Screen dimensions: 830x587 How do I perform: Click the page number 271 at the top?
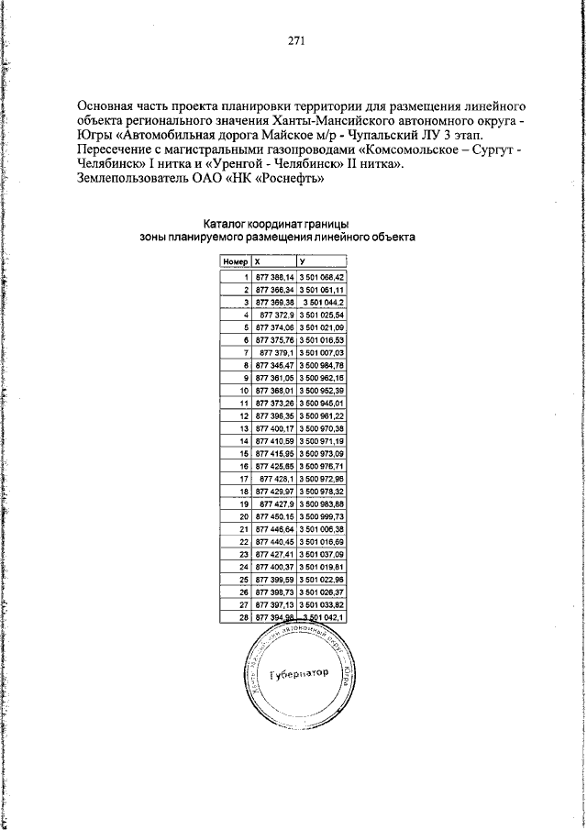pos(294,39)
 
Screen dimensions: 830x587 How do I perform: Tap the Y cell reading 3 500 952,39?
pos(321,390)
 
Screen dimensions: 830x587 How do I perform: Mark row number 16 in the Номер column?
pos(245,465)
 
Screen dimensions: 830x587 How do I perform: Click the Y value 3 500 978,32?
pos(321,491)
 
